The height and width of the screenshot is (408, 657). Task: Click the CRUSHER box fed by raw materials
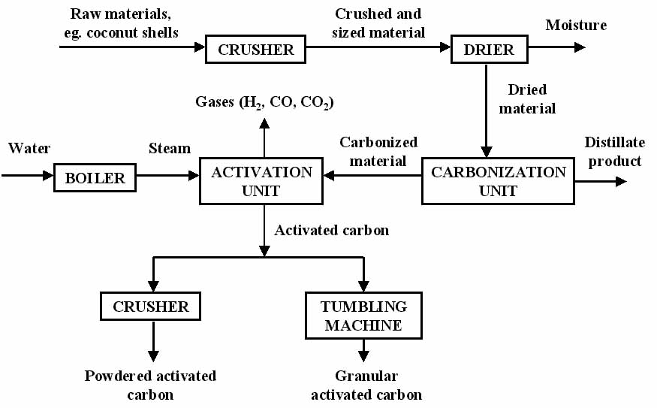[256, 50]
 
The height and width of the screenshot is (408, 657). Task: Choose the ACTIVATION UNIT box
[261, 180]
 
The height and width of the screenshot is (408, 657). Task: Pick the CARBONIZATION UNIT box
[498, 180]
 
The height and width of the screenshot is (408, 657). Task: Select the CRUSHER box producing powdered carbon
[151, 307]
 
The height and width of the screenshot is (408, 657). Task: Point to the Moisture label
[576, 25]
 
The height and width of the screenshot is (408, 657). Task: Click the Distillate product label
[614, 151]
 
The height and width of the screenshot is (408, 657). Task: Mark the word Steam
[170, 148]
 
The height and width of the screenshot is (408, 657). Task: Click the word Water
[29, 148]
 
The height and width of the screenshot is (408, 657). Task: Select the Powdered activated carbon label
[150, 385]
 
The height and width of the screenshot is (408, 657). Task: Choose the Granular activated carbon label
[366, 385]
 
